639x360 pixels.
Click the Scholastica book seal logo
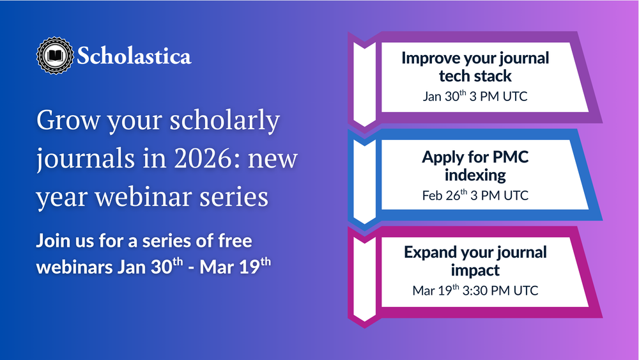tap(55, 56)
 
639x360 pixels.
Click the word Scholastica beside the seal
tap(134, 56)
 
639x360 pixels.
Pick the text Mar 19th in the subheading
tap(235, 266)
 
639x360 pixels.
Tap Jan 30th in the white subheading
tap(150, 266)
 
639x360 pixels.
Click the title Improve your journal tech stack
tap(475, 67)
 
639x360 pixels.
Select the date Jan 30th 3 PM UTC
tap(475, 96)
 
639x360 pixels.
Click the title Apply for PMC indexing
tap(475, 166)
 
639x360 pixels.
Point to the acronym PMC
tap(510, 157)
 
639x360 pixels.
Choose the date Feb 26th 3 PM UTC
tap(475, 195)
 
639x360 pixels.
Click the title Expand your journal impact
tap(475, 261)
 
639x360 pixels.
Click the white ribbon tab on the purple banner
tap(364, 84)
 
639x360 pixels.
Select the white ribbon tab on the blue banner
tap(364, 181)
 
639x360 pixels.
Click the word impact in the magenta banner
tap(475, 270)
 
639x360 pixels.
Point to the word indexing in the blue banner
tap(475, 175)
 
